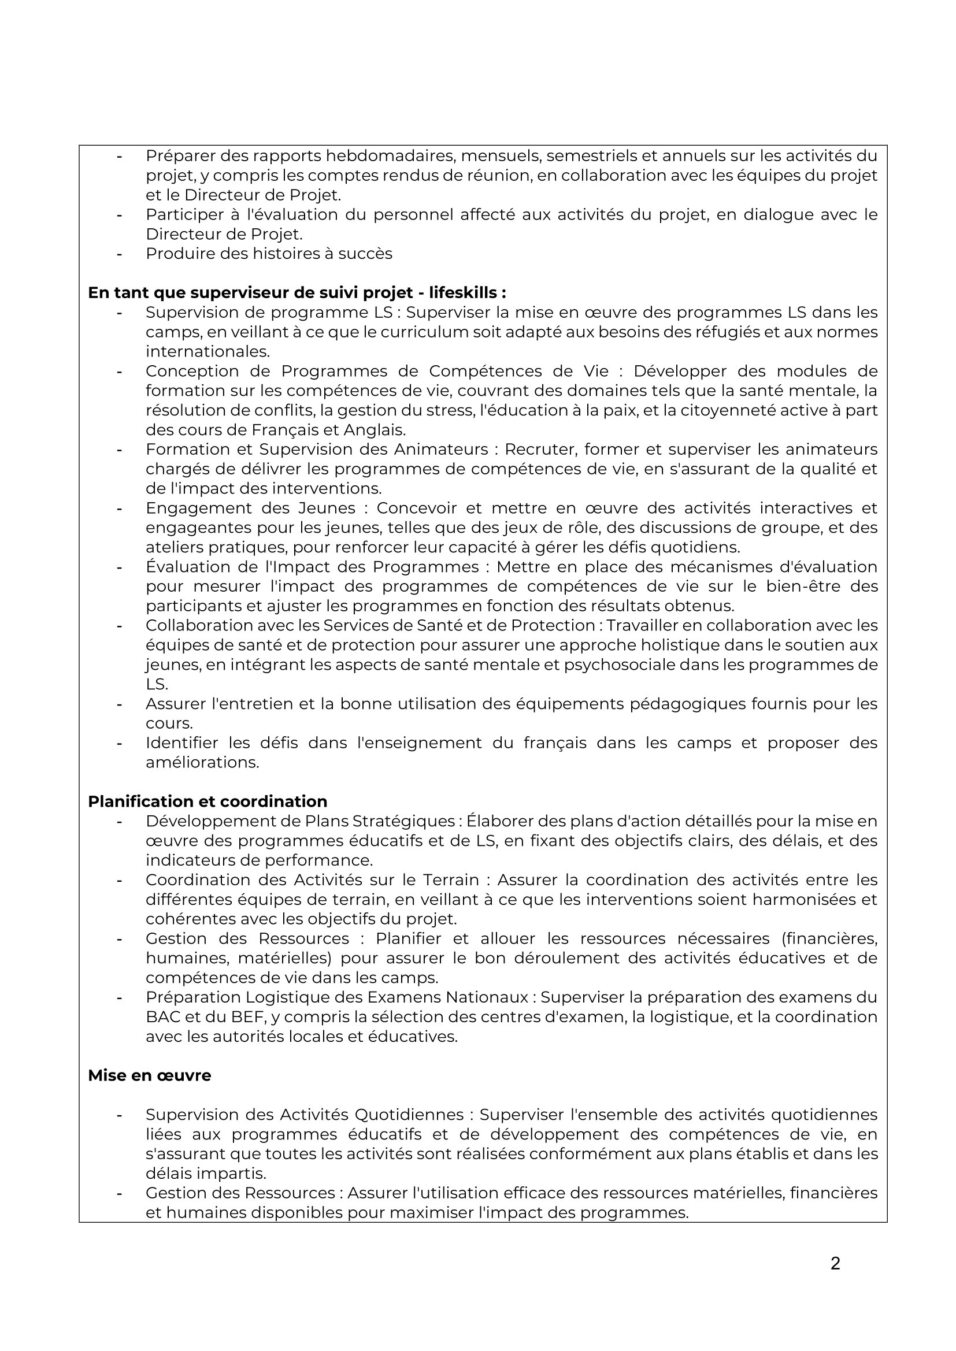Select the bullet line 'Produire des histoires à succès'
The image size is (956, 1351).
click(269, 254)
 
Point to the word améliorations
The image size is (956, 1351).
click(202, 763)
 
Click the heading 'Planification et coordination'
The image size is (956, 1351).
click(207, 801)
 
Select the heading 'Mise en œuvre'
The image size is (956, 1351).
click(150, 1075)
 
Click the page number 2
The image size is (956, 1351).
click(835, 1263)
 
